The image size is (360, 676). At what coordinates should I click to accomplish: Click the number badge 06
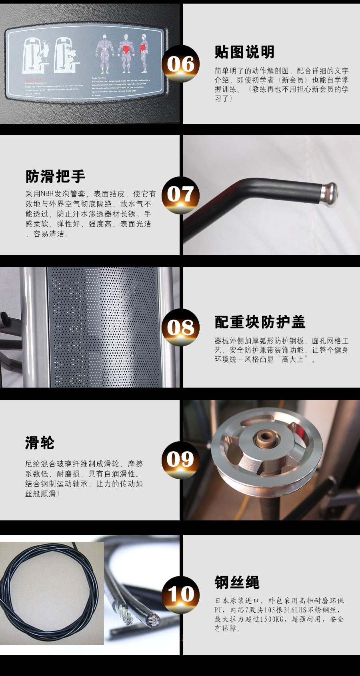pyautogui.click(x=180, y=64)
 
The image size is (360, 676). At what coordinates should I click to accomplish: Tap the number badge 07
pyautogui.click(x=180, y=194)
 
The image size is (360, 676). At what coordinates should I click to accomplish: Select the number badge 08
pyautogui.click(x=180, y=327)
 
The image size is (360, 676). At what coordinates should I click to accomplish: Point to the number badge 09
pyautogui.click(x=180, y=460)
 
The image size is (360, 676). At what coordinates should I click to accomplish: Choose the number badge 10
pyautogui.click(x=180, y=594)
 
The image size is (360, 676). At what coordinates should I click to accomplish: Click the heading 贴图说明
pyautogui.click(x=244, y=52)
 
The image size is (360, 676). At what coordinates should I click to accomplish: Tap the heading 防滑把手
pyautogui.click(x=55, y=176)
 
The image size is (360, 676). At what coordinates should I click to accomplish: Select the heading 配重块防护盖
pyautogui.click(x=260, y=322)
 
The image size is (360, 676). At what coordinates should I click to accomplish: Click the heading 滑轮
pyautogui.click(x=40, y=443)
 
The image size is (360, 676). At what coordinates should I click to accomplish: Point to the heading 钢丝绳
pyautogui.click(x=237, y=582)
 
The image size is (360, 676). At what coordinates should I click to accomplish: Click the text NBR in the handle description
pyautogui.click(x=47, y=194)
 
